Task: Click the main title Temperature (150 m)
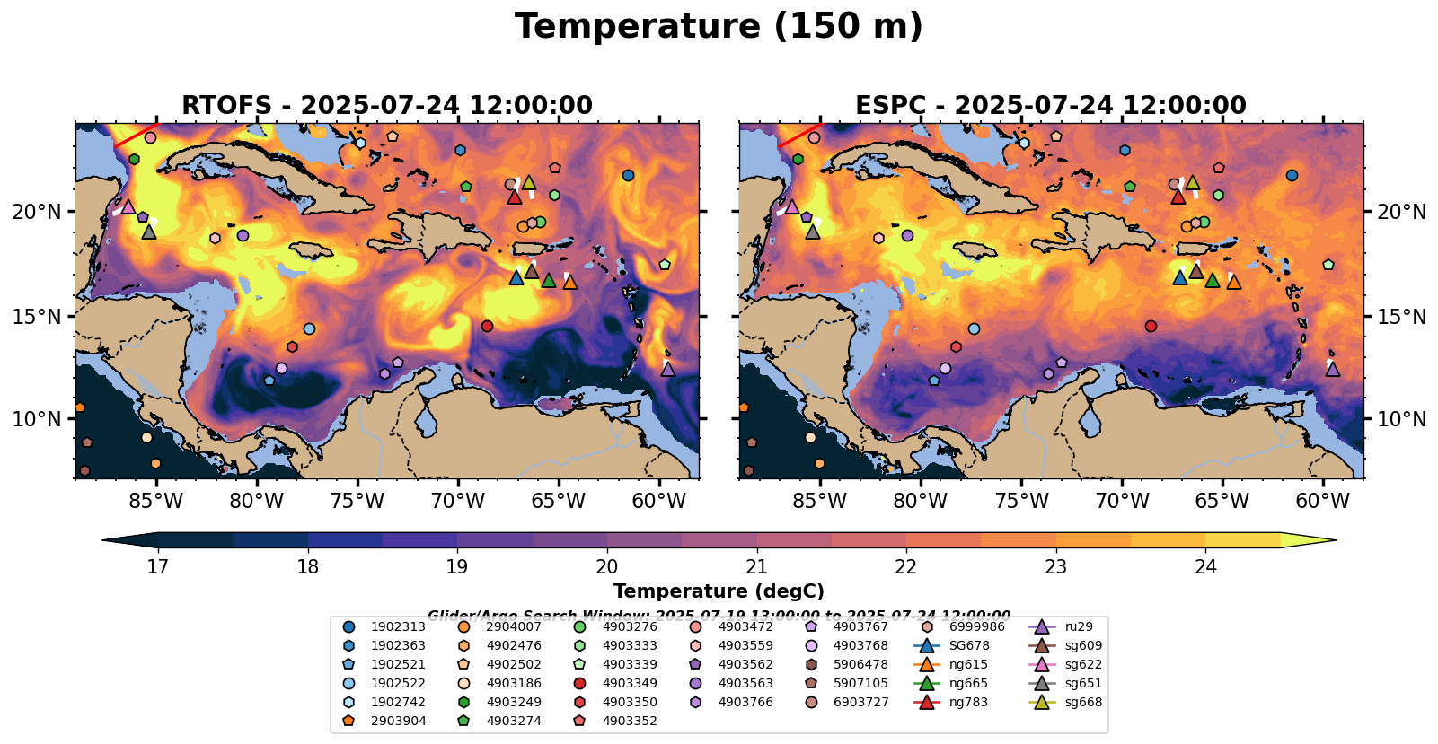click(719, 27)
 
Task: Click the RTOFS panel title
click(387, 106)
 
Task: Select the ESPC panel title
click(1051, 106)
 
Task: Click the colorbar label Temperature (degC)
click(719, 591)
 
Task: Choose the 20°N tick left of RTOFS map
click(37, 212)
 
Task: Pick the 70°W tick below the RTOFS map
click(458, 501)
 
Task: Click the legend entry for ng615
click(968, 665)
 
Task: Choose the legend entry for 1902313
click(393, 627)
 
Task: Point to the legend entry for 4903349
click(624, 684)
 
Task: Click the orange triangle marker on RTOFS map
click(569, 282)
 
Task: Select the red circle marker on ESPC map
click(1151, 326)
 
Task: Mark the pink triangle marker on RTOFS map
click(128, 206)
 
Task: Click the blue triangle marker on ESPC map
click(1180, 277)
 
